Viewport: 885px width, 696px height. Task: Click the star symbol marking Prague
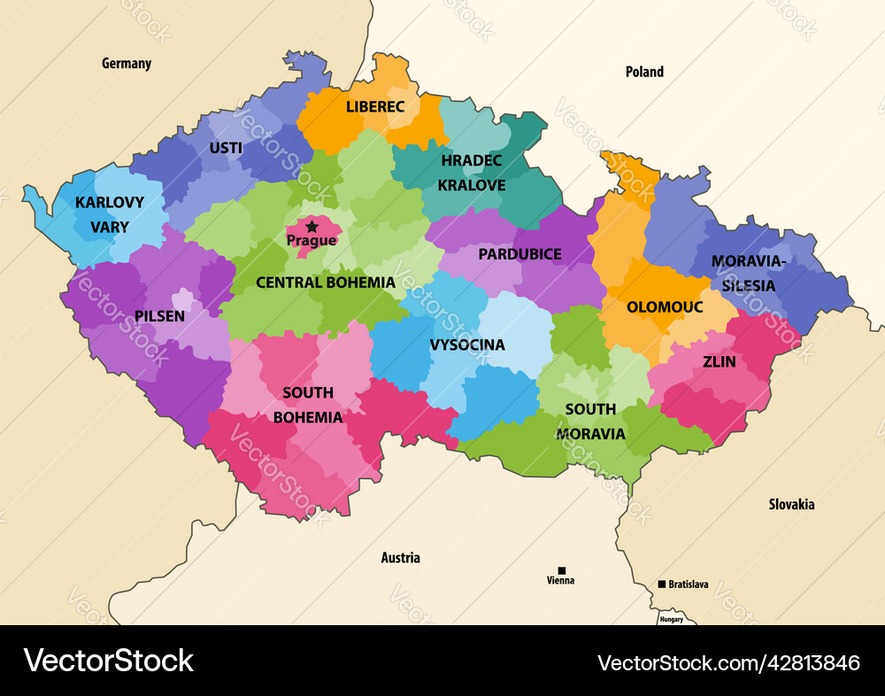(x=312, y=227)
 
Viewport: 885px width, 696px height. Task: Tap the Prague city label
(x=312, y=241)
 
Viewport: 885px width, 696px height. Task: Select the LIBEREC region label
(x=375, y=107)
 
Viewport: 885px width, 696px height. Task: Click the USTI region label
(x=226, y=148)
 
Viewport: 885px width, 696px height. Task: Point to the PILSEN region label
(x=160, y=316)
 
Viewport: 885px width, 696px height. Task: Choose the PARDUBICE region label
(x=519, y=254)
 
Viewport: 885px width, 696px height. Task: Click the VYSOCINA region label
(x=467, y=344)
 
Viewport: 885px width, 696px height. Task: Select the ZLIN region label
(x=719, y=361)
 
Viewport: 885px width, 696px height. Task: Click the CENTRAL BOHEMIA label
(x=326, y=282)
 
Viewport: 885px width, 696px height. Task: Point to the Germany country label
(x=127, y=64)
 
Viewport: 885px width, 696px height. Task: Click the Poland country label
(x=644, y=72)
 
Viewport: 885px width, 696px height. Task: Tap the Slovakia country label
(x=791, y=505)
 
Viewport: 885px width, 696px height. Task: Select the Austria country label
(x=400, y=558)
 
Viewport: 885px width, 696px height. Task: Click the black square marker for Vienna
(x=561, y=570)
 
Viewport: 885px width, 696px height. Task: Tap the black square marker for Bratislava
(x=662, y=584)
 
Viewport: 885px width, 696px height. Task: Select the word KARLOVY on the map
(x=109, y=203)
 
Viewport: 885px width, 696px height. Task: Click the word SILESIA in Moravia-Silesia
(x=748, y=286)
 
